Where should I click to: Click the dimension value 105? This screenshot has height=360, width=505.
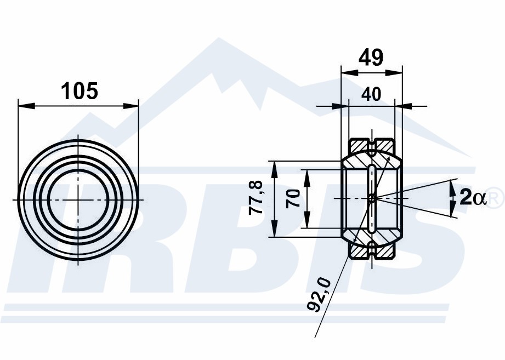[79, 91]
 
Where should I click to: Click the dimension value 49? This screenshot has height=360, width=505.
[371, 58]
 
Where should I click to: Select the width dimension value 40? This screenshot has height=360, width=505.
[371, 95]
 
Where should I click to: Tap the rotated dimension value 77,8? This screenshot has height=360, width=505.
[257, 197]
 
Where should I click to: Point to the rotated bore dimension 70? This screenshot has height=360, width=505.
[293, 198]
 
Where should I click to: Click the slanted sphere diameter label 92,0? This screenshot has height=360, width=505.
[319, 295]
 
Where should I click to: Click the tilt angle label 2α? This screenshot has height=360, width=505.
[472, 197]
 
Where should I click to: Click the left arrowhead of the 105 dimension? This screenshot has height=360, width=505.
[26, 106]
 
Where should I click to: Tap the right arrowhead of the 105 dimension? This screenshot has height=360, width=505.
[130, 106]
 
